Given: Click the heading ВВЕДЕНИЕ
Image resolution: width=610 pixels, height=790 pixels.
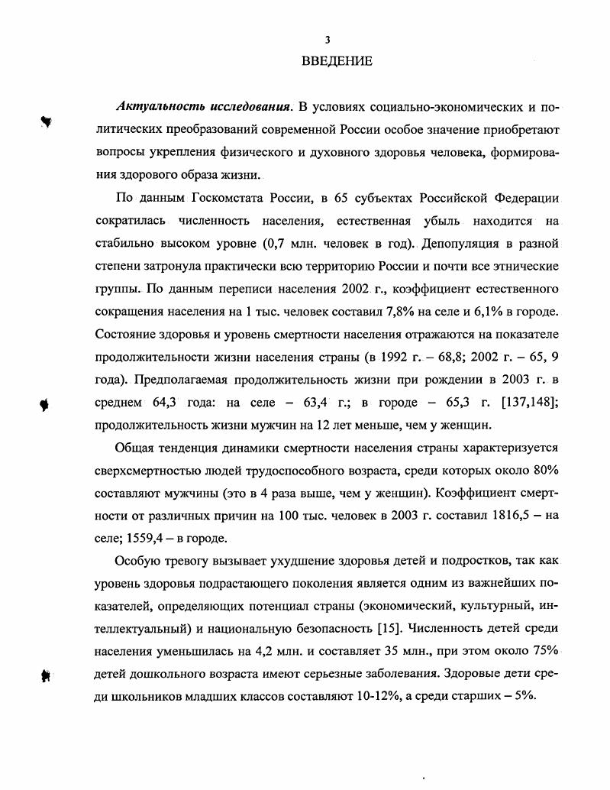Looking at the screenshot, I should pos(336,61).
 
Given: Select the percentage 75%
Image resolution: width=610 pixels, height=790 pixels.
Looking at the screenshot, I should pos(545,652).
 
